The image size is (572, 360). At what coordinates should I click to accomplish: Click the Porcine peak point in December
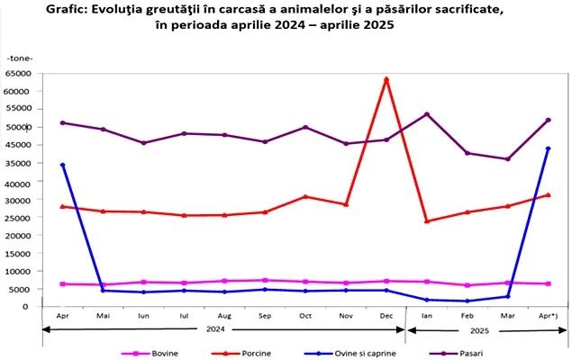coord(386,79)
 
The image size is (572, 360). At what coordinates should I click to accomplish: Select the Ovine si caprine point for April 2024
coord(62,165)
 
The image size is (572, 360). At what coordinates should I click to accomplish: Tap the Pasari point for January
coord(427,114)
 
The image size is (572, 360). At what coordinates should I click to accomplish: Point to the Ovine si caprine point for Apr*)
coord(549,148)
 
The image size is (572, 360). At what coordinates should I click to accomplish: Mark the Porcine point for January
coord(427,221)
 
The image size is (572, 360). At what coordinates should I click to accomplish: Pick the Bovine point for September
coord(265,280)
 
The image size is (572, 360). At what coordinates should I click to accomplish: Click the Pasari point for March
coord(508,159)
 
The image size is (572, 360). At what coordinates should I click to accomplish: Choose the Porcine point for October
coord(305,196)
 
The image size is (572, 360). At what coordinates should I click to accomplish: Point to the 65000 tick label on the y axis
coord(18,74)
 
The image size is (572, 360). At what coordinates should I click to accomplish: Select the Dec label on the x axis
coord(386,316)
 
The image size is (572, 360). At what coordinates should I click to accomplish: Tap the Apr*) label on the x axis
coord(549,316)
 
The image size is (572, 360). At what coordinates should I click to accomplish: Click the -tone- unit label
coord(19,58)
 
